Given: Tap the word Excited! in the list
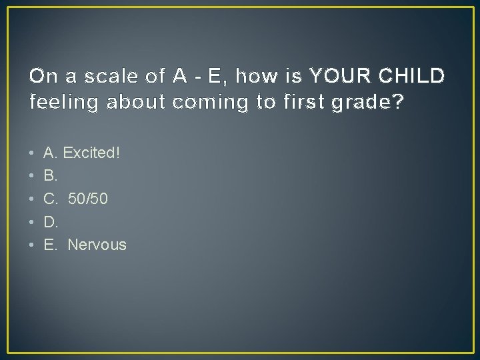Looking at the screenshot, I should click(x=93, y=153).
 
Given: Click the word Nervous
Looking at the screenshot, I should click(x=97, y=245).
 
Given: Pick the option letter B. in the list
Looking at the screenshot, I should click(x=50, y=176).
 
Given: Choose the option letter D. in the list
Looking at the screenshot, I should click(x=50, y=222).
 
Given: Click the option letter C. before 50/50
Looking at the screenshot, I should click(x=51, y=199).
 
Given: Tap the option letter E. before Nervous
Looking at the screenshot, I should click(x=50, y=245).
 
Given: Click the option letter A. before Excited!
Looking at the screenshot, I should click(x=50, y=153).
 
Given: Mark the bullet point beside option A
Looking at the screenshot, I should click(x=33, y=153).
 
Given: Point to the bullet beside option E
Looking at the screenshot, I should click(x=33, y=245).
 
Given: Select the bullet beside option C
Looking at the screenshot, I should click(x=33, y=199).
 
